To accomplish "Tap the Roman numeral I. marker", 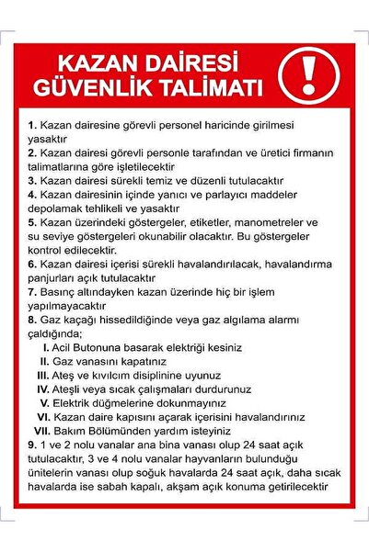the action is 47,348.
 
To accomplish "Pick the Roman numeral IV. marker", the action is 42,389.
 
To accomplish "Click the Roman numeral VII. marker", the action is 42,431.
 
